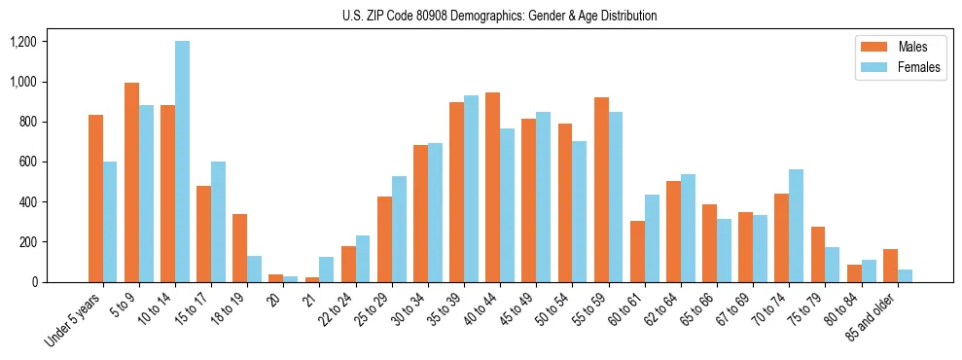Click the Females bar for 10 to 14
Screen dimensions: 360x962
pyautogui.click(x=183, y=162)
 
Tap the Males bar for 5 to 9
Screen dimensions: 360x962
pyautogui.click(x=131, y=183)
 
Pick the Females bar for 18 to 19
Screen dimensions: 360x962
pyautogui.click(x=255, y=270)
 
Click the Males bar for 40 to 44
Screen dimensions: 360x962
pyautogui.click(x=493, y=188)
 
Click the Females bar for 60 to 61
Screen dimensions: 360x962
pyautogui.click(x=652, y=238)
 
